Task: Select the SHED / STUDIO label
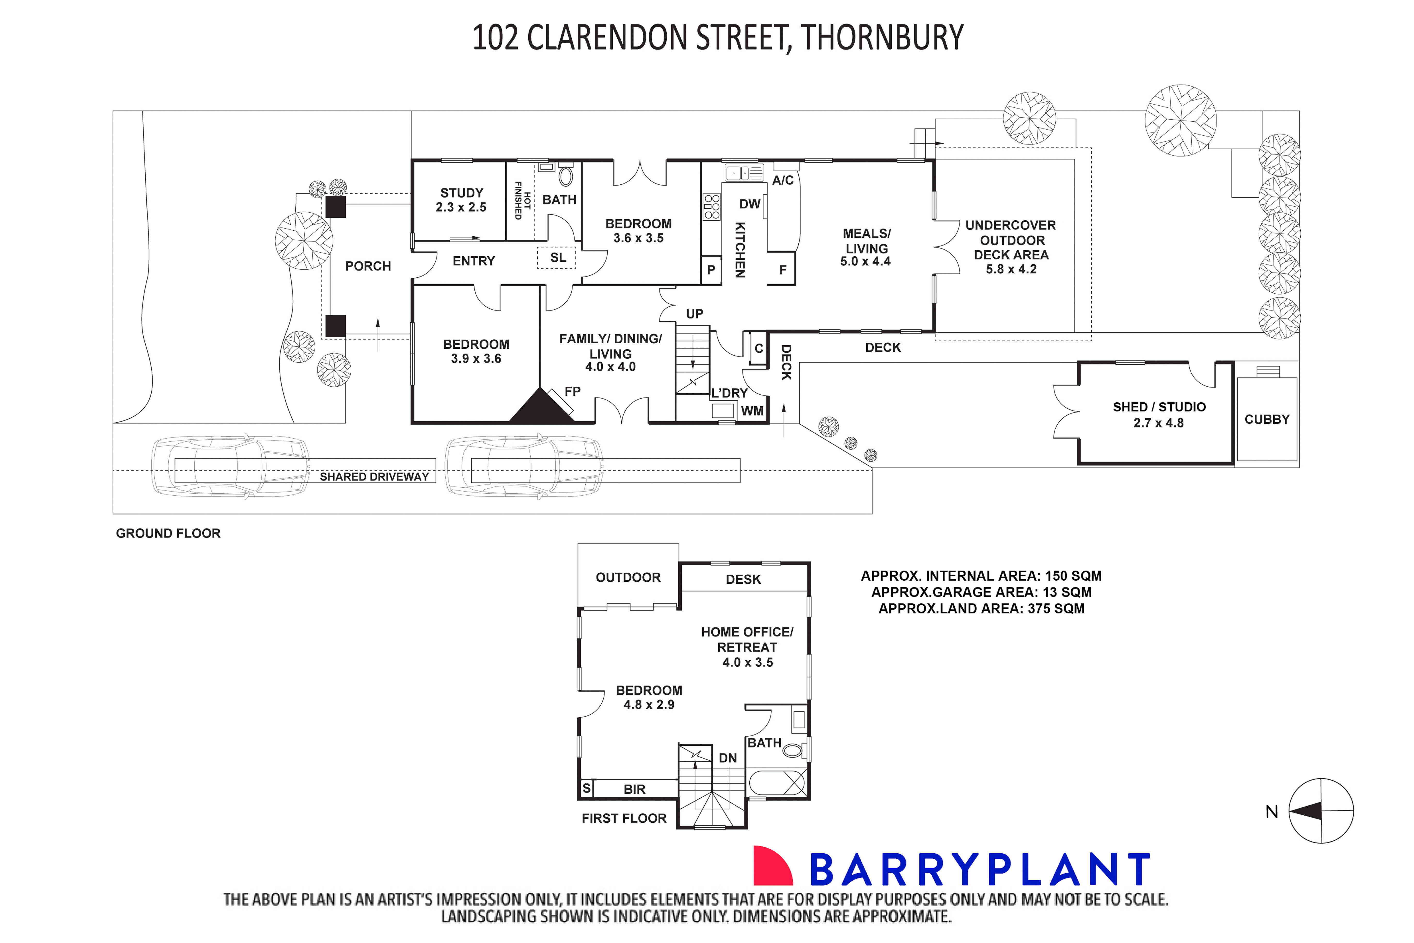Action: [x=1159, y=407]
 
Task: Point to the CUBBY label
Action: [x=1267, y=419]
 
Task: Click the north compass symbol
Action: [x=1321, y=811]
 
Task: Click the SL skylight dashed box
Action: [x=557, y=258]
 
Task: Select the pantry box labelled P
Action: [x=711, y=270]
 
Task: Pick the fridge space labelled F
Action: [x=782, y=270]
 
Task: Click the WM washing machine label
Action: [x=752, y=411]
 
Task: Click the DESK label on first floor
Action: [x=743, y=579]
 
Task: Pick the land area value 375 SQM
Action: [x=1056, y=609]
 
